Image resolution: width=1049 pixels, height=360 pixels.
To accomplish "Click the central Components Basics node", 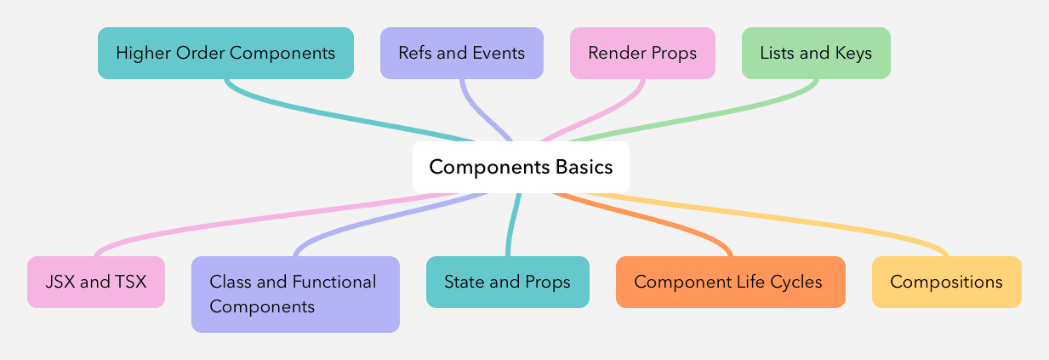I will click(x=521, y=167).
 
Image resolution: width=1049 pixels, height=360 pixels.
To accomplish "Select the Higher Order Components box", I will click(x=225, y=53).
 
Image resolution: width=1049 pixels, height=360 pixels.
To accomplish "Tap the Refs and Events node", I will click(x=461, y=53).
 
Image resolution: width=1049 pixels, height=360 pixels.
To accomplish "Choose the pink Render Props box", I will click(x=642, y=53).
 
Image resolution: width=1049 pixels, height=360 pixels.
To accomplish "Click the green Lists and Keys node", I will click(x=816, y=53).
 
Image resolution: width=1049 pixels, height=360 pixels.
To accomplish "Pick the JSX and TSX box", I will click(x=96, y=282).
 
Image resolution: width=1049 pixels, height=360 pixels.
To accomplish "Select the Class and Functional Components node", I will click(x=295, y=294).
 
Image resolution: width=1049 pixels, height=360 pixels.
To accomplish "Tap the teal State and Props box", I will click(x=507, y=282).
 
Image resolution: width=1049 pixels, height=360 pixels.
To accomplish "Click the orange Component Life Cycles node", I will click(x=730, y=282).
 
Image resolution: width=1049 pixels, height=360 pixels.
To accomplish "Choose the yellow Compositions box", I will click(x=946, y=282).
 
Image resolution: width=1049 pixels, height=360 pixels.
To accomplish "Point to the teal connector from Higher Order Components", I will click(x=340, y=115).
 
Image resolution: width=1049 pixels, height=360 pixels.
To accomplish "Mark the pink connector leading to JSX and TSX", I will click(x=255, y=221).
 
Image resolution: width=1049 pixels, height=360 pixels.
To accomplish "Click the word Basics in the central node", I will click(x=584, y=167).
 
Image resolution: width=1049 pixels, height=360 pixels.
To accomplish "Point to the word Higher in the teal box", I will click(x=141, y=53).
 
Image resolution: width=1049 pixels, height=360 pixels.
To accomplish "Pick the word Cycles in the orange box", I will click(x=797, y=282).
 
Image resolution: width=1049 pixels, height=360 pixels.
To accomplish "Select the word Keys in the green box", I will click(x=853, y=53).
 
